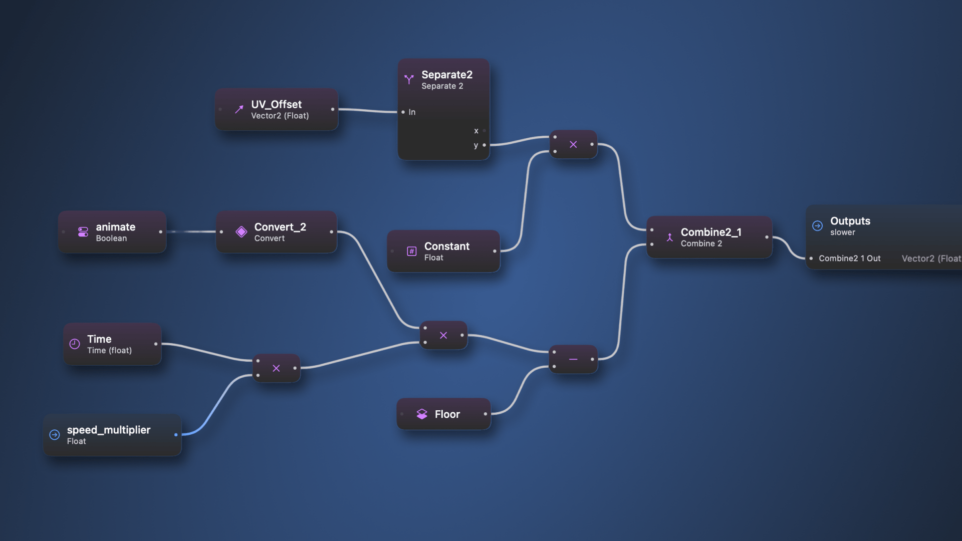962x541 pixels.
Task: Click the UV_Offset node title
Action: (276, 104)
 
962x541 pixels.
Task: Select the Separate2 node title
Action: (446, 75)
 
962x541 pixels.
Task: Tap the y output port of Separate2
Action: (484, 145)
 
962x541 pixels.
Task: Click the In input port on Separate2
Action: (403, 112)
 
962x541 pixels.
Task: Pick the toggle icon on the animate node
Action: (83, 232)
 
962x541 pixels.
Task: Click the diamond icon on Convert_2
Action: (242, 232)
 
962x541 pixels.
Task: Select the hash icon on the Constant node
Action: (411, 251)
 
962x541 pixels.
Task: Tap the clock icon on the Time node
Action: (75, 344)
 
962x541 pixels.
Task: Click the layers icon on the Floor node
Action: (422, 414)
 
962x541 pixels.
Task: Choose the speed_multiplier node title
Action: (108, 430)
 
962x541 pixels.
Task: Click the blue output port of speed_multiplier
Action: (176, 435)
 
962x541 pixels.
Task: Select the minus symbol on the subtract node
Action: (573, 359)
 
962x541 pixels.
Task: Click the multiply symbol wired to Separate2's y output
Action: (573, 144)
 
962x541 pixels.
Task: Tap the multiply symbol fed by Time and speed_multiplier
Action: (276, 368)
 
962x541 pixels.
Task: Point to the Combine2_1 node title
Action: (710, 232)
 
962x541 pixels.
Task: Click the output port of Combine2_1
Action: (767, 237)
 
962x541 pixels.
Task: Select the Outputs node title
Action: (850, 221)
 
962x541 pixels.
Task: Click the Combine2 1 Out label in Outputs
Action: (849, 258)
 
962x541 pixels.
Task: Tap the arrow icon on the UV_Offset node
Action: (239, 109)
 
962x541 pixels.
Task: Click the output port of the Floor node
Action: (485, 414)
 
